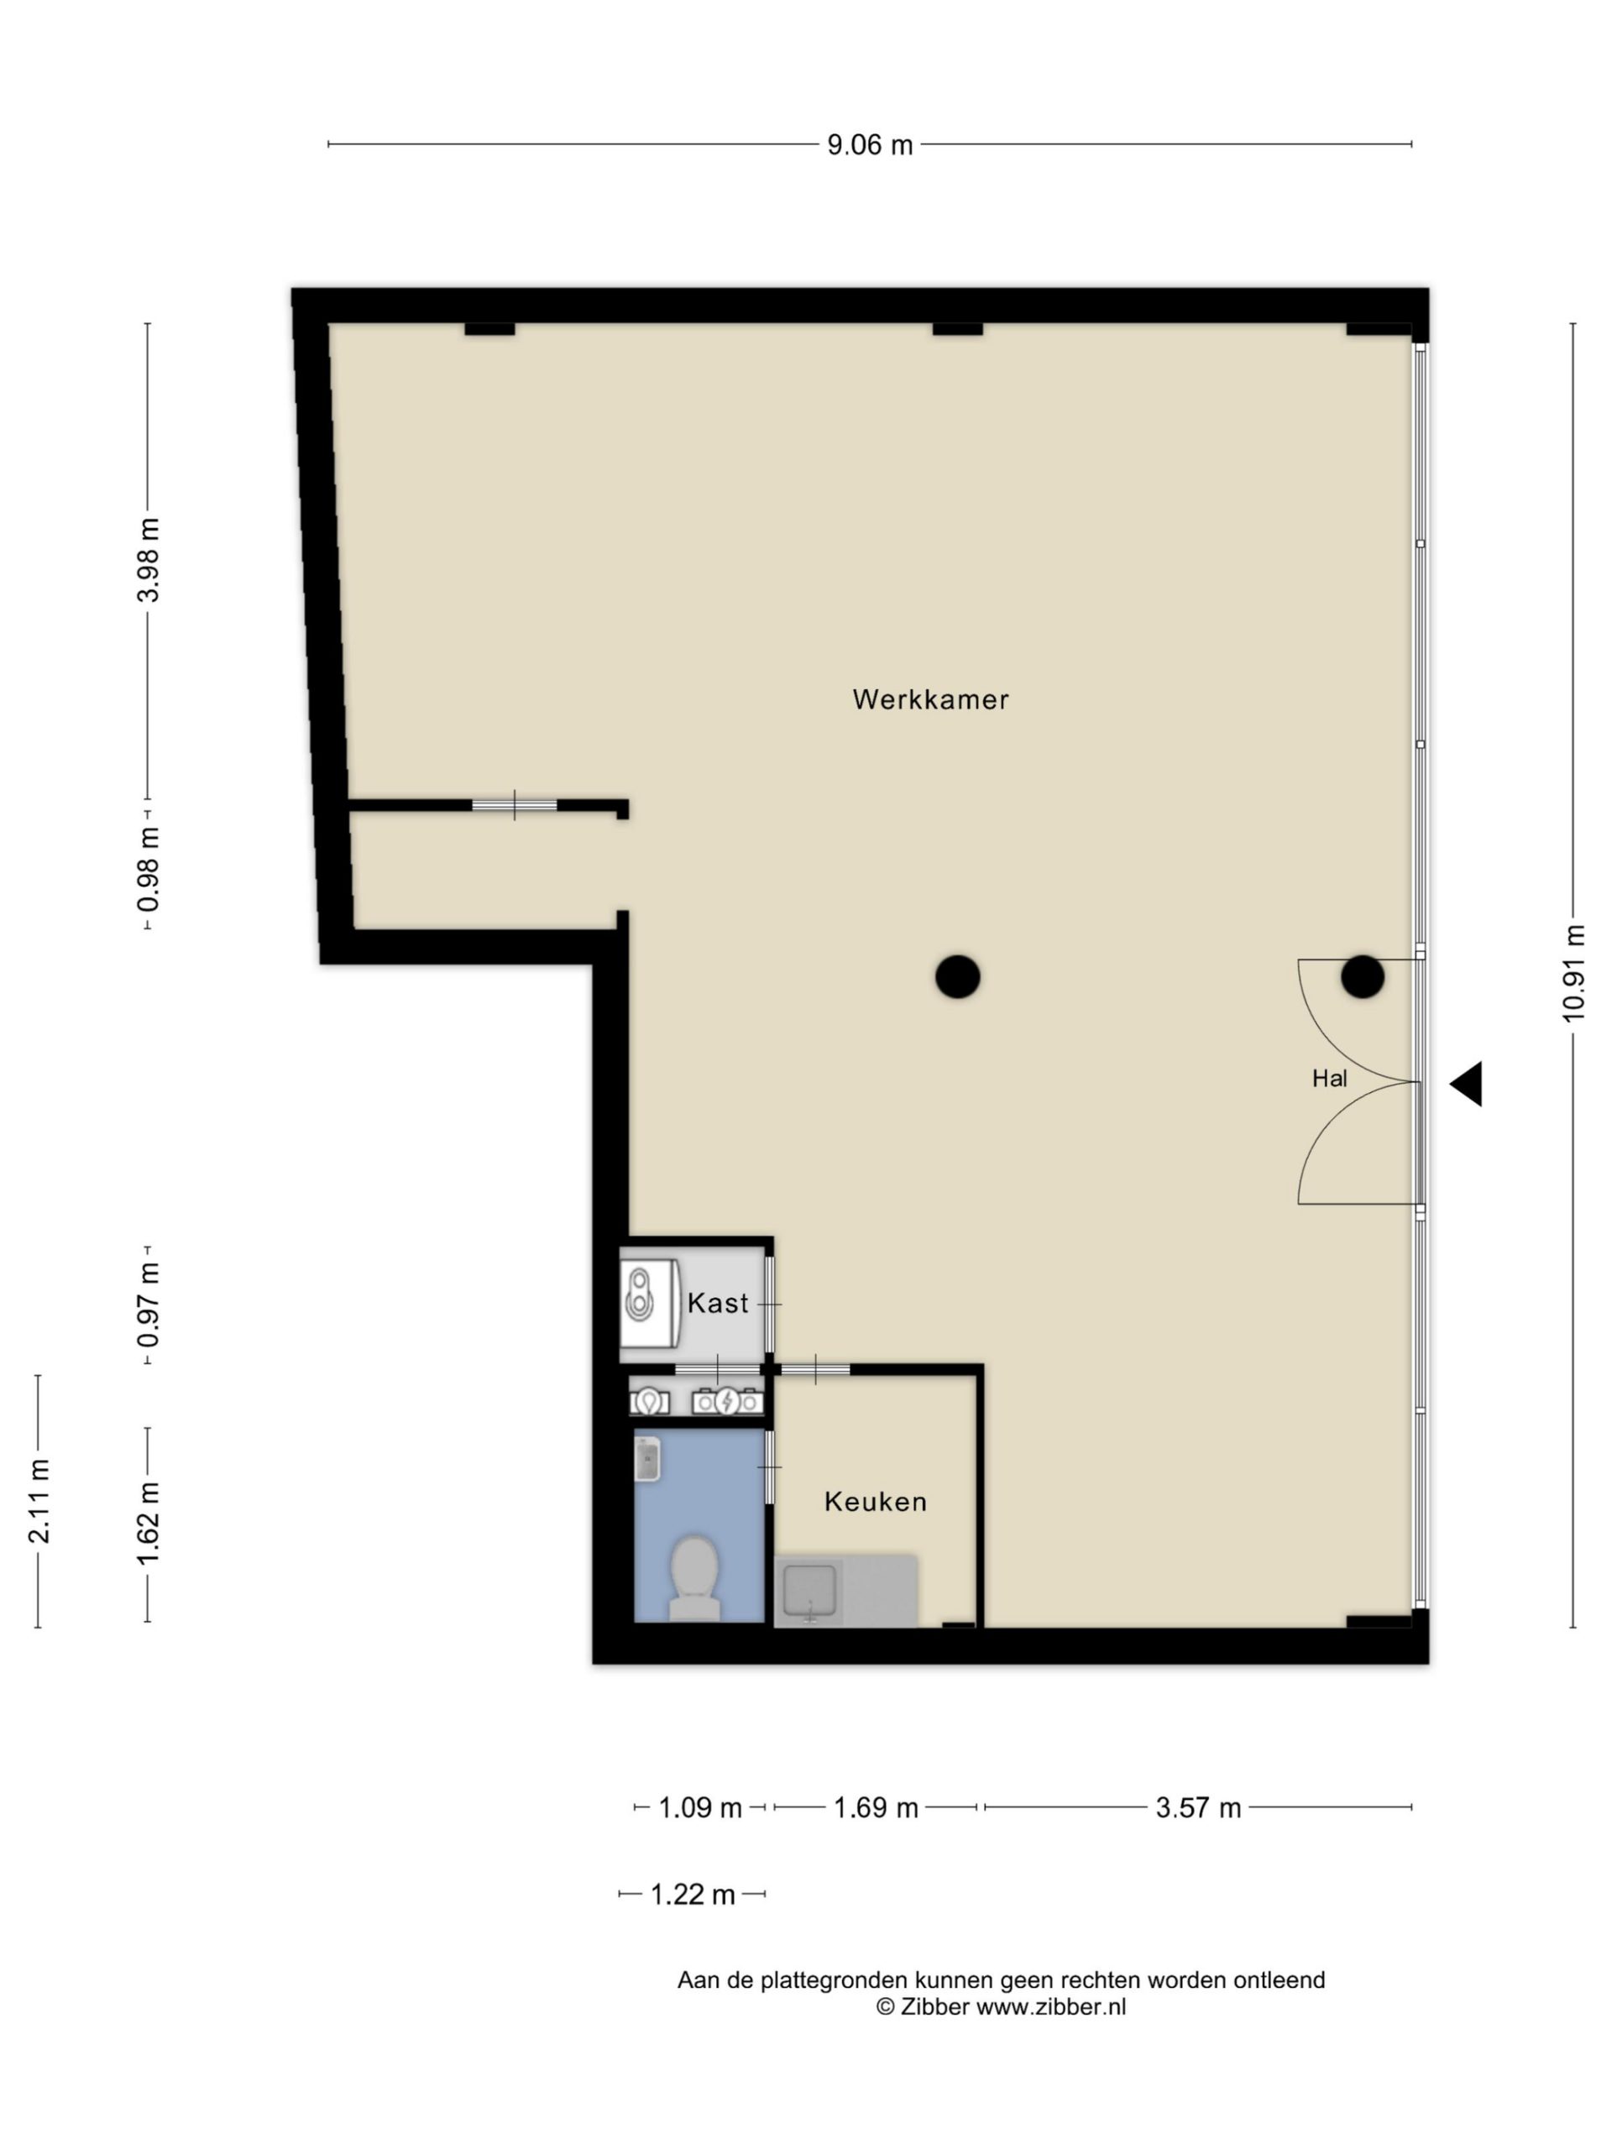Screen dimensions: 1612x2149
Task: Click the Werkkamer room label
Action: (x=930, y=699)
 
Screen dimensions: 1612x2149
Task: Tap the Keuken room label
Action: (x=876, y=1501)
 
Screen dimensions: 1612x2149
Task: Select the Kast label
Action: (x=718, y=1303)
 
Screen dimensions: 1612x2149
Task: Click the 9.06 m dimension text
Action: (x=870, y=144)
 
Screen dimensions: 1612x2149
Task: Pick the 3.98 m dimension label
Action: (x=148, y=561)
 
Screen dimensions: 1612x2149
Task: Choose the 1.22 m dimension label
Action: (x=692, y=1895)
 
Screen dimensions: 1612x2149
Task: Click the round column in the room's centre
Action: (x=957, y=976)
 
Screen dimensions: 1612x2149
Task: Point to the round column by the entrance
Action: (x=1363, y=976)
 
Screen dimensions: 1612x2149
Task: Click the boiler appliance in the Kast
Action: (x=649, y=1303)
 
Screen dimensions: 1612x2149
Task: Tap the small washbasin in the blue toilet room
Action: (x=647, y=1459)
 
